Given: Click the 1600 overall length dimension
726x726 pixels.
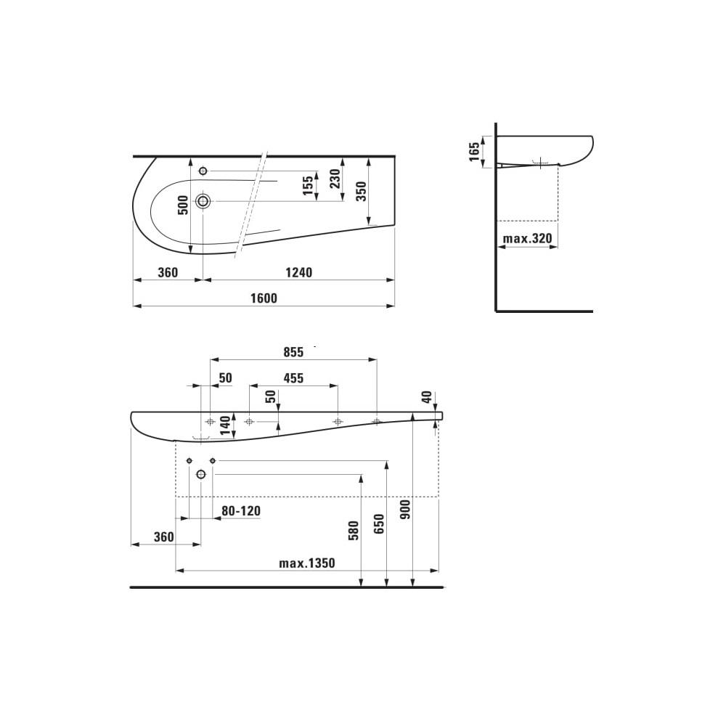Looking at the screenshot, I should click(x=264, y=298).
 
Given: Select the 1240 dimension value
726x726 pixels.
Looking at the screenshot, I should click(x=298, y=272).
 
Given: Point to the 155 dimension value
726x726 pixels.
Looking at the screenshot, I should click(x=309, y=186).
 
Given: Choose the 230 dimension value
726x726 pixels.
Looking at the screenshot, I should click(x=335, y=179).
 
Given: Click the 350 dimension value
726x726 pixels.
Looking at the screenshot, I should click(x=362, y=191).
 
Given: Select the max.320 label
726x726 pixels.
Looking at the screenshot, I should click(x=528, y=237).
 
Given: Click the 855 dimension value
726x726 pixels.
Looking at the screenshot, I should click(x=293, y=351).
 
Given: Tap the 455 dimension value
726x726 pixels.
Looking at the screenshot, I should click(x=293, y=378).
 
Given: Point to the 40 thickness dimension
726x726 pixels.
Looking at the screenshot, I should click(x=427, y=397).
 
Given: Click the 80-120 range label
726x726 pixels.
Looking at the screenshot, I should click(x=240, y=511).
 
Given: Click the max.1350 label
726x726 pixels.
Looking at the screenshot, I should click(x=307, y=563).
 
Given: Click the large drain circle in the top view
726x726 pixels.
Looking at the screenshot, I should click(x=203, y=201).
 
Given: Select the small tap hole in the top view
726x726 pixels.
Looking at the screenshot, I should click(x=203, y=171).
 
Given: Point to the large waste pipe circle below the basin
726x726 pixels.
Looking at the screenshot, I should click(x=201, y=474).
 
